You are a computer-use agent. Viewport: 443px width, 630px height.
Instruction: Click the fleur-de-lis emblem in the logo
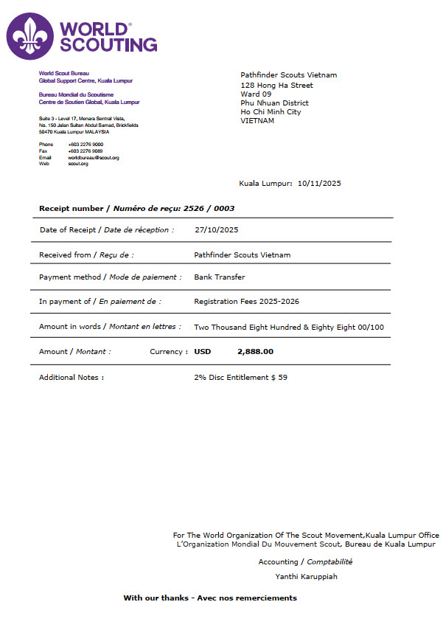click(x=30, y=35)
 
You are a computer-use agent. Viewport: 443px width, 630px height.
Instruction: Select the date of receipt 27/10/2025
click(x=216, y=229)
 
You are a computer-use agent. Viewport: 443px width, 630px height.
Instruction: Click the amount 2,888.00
click(x=255, y=352)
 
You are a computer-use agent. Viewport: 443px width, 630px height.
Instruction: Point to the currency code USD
click(x=202, y=352)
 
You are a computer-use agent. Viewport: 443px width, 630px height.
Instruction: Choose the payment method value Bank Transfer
click(x=219, y=277)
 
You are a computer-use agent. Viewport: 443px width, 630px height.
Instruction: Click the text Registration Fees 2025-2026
click(x=246, y=302)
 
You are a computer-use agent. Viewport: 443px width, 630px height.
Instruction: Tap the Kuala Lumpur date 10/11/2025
click(x=319, y=184)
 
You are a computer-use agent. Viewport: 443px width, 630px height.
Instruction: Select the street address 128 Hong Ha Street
click(x=276, y=85)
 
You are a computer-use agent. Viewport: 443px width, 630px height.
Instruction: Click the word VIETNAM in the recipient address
click(x=257, y=120)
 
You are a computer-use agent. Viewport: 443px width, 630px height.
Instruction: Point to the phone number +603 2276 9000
click(x=86, y=145)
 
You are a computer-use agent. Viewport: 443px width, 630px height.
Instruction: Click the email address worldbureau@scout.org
click(x=94, y=158)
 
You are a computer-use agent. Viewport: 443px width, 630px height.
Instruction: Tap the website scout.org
click(x=78, y=164)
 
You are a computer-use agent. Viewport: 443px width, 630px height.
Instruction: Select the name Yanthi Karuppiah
click(x=306, y=576)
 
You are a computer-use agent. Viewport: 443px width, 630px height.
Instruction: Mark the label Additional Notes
click(x=71, y=378)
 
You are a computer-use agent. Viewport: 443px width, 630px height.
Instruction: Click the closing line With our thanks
click(x=210, y=598)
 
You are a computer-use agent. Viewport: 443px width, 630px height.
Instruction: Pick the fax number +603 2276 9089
click(x=86, y=151)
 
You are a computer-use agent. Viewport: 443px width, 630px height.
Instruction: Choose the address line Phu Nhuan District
click(x=274, y=103)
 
